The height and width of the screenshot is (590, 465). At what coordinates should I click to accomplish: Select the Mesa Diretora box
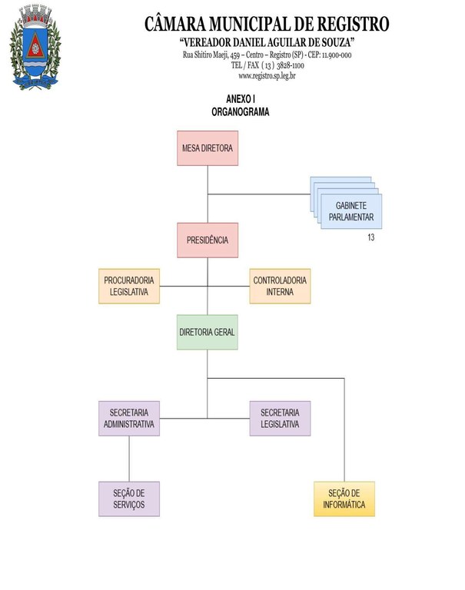(207, 148)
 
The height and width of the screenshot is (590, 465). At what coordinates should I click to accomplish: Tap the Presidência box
(207, 240)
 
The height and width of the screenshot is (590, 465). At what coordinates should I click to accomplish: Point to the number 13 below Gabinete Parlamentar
(371, 238)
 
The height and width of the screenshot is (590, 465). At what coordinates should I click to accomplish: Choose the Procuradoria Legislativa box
(129, 286)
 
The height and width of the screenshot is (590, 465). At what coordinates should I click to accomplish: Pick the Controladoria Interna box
(280, 286)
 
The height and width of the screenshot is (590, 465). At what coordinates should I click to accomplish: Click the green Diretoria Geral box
(207, 332)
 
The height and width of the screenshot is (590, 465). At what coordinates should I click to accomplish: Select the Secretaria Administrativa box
(129, 418)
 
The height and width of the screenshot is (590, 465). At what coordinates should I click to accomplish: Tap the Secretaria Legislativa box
(280, 418)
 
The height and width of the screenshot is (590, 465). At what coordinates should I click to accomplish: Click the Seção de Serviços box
(129, 499)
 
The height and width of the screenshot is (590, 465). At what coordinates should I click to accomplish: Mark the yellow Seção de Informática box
(344, 499)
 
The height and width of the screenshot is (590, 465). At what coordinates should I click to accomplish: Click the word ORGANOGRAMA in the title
(240, 112)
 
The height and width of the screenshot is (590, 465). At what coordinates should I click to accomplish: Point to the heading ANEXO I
(241, 101)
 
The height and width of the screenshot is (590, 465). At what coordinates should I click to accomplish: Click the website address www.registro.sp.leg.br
(267, 75)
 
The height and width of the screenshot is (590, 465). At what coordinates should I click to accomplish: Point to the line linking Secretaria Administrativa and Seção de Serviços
(129, 459)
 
